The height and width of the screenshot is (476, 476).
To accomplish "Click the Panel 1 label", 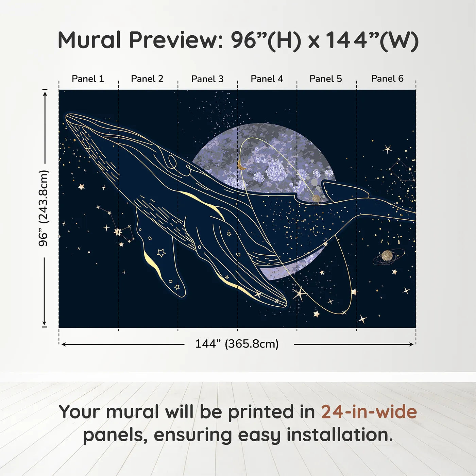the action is (88, 79).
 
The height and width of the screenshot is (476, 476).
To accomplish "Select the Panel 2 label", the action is (147, 79).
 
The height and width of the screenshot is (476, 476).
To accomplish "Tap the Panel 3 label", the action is (207, 79).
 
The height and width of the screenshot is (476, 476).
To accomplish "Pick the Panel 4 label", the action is (267, 79).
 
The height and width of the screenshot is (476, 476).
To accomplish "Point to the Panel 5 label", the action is (326, 79).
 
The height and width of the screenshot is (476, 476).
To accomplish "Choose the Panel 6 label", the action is (387, 79).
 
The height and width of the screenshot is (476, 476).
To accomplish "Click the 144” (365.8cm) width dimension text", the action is (237, 344).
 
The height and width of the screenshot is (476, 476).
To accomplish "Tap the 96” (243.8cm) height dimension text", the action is (44, 208).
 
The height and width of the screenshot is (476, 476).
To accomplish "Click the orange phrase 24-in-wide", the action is (369, 412).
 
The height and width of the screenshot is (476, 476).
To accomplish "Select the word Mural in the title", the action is (89, 40).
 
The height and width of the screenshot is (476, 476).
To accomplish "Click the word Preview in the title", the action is (176, 40).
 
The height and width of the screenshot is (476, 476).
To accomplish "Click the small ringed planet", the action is (387, 256).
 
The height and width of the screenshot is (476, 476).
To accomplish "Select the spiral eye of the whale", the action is (172, 162).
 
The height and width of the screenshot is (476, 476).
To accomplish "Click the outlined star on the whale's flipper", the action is (161, 253).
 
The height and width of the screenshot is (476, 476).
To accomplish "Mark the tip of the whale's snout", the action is (66, 116).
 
